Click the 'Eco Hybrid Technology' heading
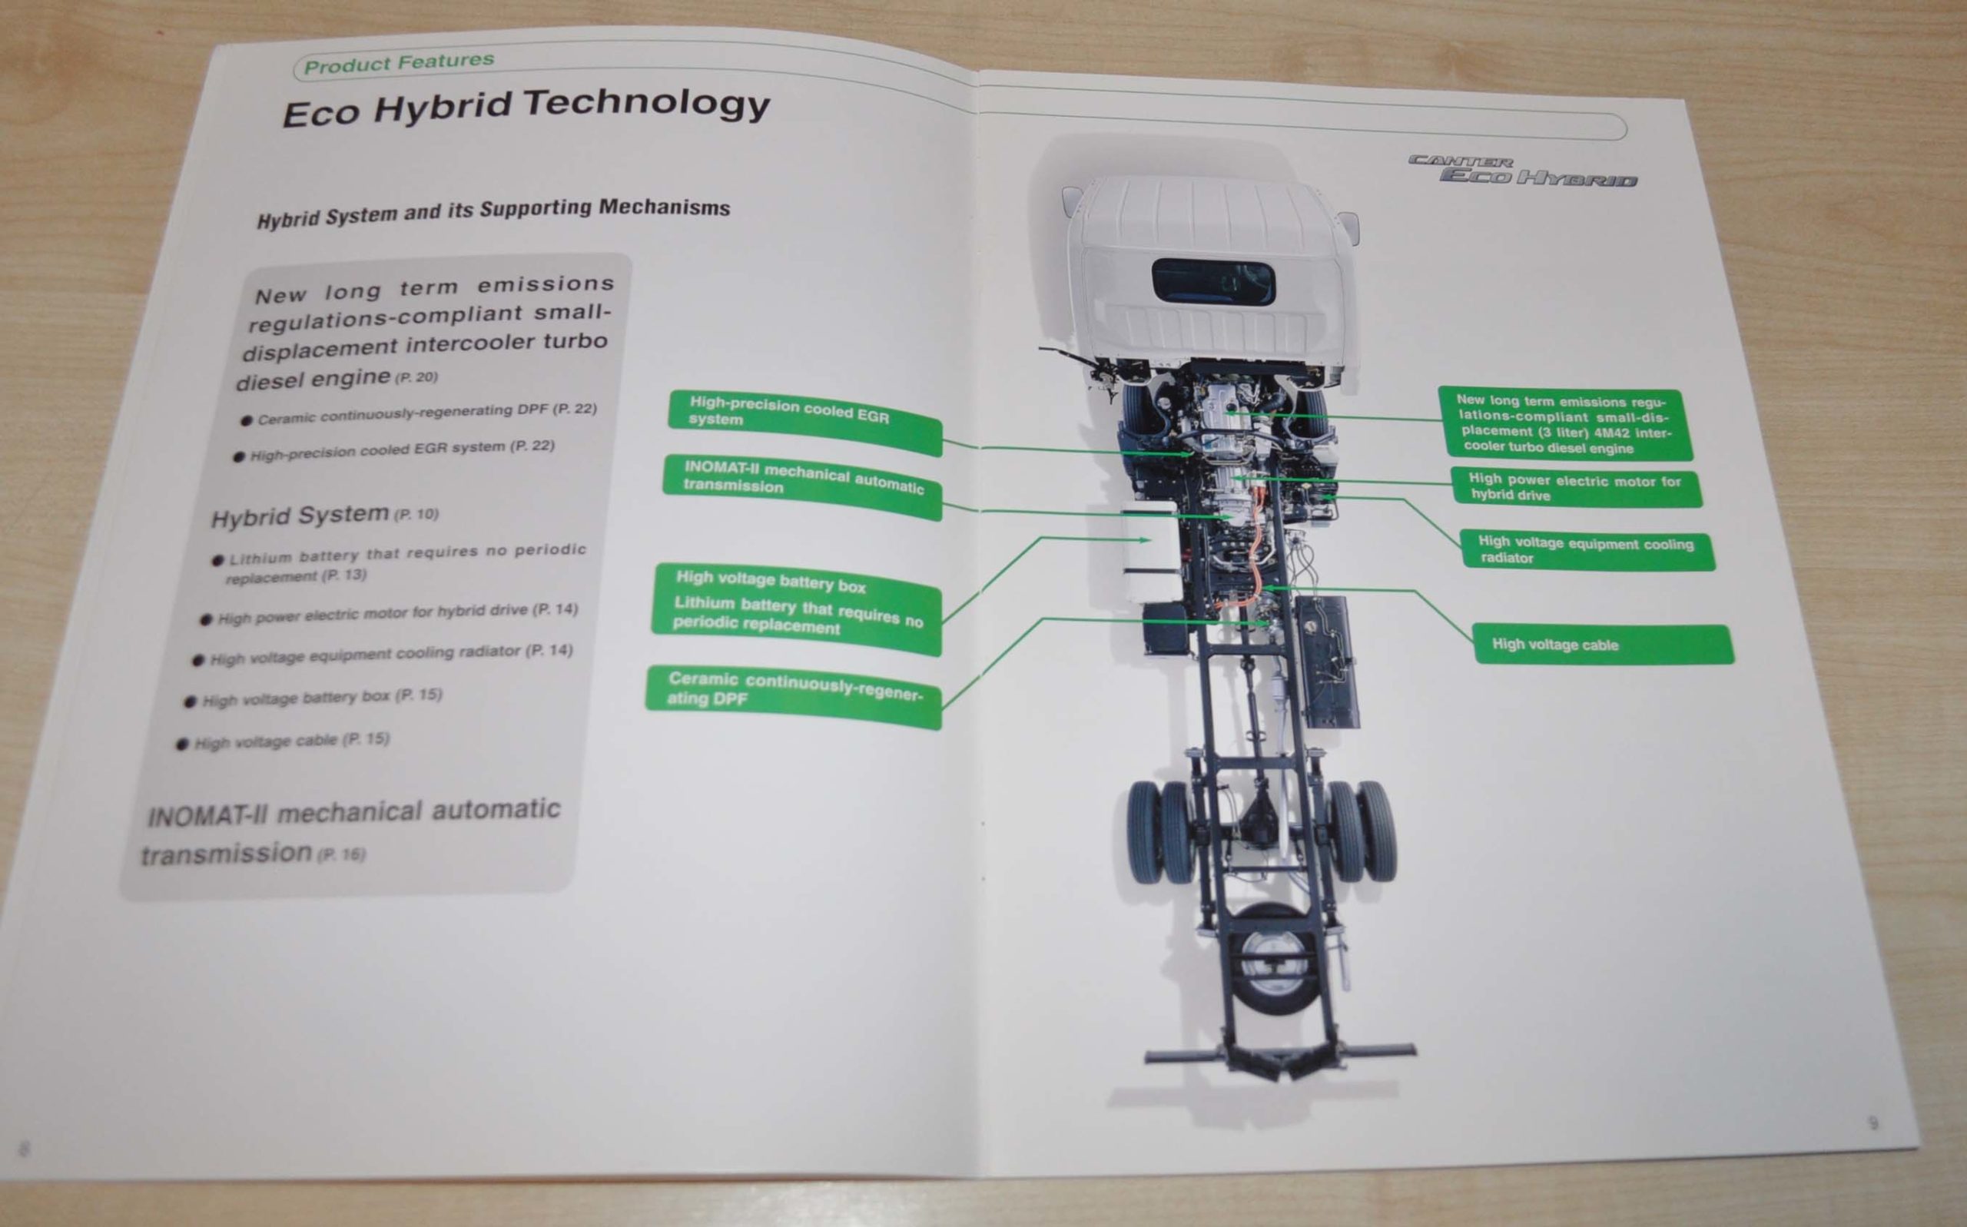[526, 107]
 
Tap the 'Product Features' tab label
[399, 62]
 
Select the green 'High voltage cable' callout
[1604, 645]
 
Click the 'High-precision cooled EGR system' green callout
[805, 422]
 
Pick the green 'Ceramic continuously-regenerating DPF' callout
[794, 696]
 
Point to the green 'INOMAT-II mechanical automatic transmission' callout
[802, 486]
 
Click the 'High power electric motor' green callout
[1576, 488]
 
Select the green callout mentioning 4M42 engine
[1565, 424]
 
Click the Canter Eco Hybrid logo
[1522, 171]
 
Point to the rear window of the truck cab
[1213, 282]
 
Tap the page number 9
[1872, 1123]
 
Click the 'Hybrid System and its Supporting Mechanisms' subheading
[493, 213]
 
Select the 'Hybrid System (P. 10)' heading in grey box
[324, 516]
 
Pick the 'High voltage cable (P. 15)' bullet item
[284, 741]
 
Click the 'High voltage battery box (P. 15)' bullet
[314, 698]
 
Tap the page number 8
[24, 1149]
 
